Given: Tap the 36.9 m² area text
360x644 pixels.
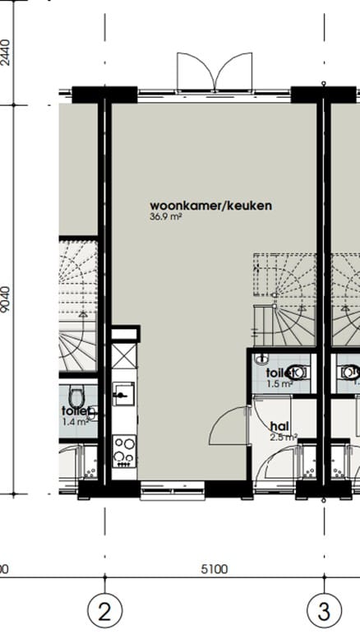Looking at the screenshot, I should click(x=165, y=218).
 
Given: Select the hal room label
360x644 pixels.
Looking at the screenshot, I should click(x=279, y=426).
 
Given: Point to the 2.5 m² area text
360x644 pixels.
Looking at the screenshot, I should click(x=284, y=438).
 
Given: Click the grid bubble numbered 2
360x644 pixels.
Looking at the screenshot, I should click(x=104, y=611).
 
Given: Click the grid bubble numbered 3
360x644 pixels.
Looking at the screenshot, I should click(x=324, y=611).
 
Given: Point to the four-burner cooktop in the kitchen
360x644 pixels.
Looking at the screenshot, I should click(x=124, y=450).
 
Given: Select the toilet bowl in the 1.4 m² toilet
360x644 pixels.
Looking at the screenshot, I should click(x=75, y=395).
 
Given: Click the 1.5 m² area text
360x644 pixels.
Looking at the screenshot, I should click(x=279, y=383).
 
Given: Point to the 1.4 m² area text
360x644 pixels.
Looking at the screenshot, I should click(x=75, y=422).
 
